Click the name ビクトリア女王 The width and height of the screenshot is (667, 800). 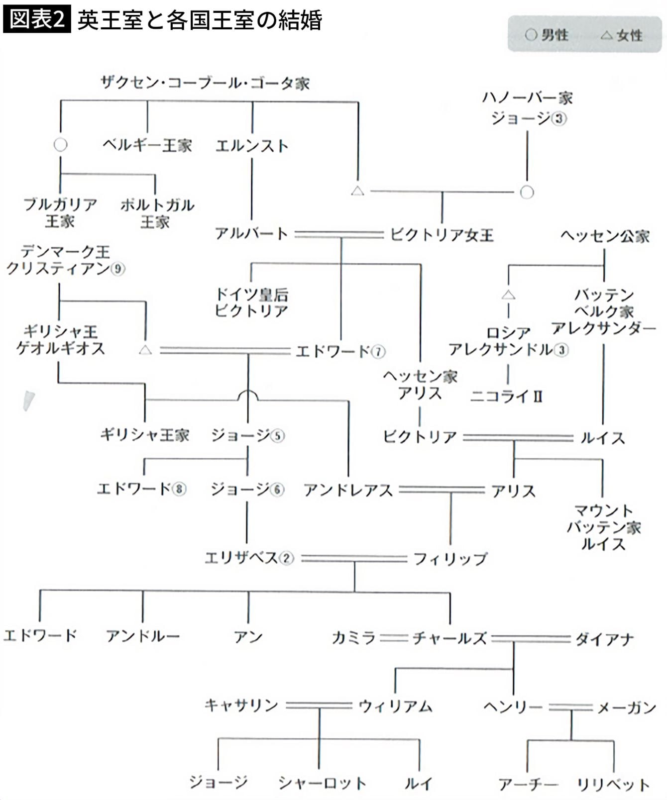pyautogui.click(x=442, y=234)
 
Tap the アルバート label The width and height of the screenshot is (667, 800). pyautogui.click(x=251, y=233)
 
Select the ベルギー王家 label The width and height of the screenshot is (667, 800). pyautogui.click(x=147, y=145)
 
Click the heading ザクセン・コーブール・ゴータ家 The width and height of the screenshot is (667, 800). pyautogui.click(x=205, y=83)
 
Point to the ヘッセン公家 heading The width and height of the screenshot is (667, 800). pyautogui.click(x=605, y=235)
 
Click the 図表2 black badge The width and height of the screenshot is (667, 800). pyautogui.click(x=37, y=20)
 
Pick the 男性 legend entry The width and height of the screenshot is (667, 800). pyautogui.click(x=547, y=35)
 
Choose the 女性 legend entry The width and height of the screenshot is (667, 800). pyautogui.click(x=622, y=35)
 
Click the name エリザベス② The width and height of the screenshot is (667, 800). pyautogui.click(x=249, y=558)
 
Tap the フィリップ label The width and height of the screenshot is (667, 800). pyautogui.click(x=450, y=558)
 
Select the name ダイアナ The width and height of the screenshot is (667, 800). pyautogui.click(x=604, y=638)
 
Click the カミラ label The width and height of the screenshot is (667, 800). pyautogui.click(x=353, y=638)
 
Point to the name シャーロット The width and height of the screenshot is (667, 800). pyautogui.click(x=322, y=783)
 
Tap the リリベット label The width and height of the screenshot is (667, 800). pyautogui.click(x=613, y=785)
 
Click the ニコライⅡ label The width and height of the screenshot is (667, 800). pyautogui.click(x=506, y=397)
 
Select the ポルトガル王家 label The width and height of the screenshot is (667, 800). pyautogui.click(x=156, y=213)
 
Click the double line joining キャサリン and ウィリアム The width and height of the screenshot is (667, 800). pyautogui.click(x=319, y=705)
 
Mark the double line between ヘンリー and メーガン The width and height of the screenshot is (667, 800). pyautogui.click(x=570, y=707)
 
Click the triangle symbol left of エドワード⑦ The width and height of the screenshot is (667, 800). pyautogui.click(x=145, y=350)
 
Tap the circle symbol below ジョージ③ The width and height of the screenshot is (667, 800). pyautogui.click(x=527, y=192)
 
